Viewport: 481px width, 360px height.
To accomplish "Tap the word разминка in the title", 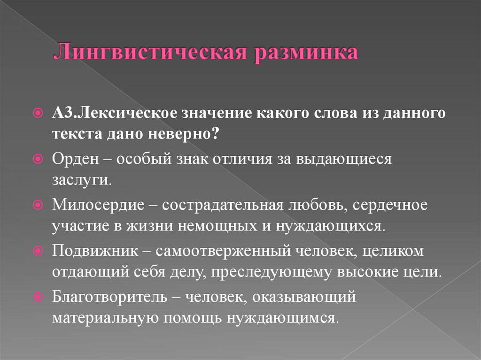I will (x=306, y=52).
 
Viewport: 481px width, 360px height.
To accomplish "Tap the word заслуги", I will (x=82, y=180).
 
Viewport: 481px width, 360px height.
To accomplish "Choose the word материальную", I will (x=104, y=318).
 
